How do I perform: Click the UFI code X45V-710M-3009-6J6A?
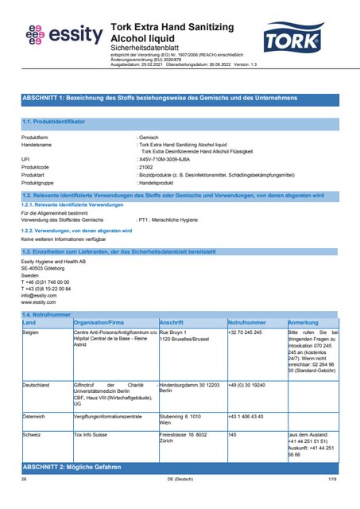(166, 158)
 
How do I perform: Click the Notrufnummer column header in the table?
(246, 323)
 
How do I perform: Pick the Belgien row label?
(32, 331)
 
